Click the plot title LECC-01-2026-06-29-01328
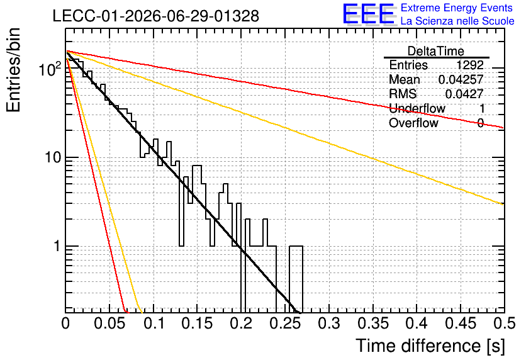tap(156, 16)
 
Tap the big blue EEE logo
tap(369, 14)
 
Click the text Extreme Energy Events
tap(457, 8)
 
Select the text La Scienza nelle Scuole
tap(457, 21)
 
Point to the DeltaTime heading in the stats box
tap(436, 51)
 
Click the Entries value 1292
tap(469, 65)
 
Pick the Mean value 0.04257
tap(461, 79)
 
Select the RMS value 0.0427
tap(464, 94)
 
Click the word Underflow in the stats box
tap(417, 108)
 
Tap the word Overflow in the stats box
tap(413, 123)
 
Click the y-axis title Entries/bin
tap(13, 70)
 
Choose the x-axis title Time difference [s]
tap(430, 346)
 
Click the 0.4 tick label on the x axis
tap(417, 323)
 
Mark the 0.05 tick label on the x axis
tap(109, 323)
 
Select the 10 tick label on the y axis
tap(53, 157)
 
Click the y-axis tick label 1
tap(57, 246)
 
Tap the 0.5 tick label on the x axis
tap(505, 323)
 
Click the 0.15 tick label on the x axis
tap(198, 323)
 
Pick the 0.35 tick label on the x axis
tap(373, 323)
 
